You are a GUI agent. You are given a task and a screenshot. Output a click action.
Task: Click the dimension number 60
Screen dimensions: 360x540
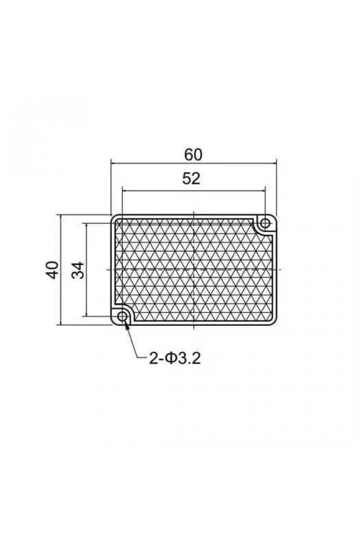[193, 155]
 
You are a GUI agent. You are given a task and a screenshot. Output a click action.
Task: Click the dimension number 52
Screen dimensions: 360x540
[191, 179]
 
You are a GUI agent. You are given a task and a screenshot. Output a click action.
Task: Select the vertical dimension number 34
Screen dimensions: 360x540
[78, 270]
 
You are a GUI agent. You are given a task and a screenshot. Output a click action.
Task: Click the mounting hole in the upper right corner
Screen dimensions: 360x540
[265, 223]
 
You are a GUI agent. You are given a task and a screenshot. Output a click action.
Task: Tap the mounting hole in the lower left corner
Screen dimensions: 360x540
[122, 316]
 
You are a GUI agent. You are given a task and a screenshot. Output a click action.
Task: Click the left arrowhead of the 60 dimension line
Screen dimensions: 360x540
[114, 163]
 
